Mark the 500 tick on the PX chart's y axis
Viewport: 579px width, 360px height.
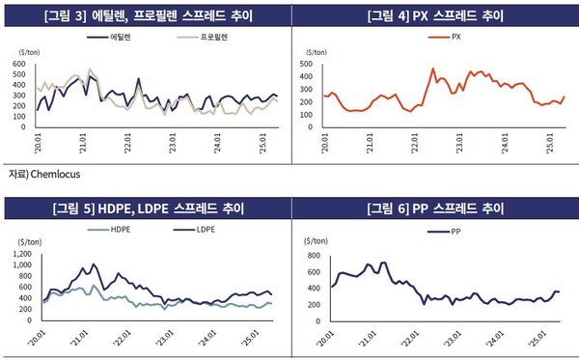tap(310, 65)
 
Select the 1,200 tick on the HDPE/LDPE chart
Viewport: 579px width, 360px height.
tap(19, 255)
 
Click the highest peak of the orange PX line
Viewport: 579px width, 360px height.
tap(433, 69)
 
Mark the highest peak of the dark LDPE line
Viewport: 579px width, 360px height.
tap(94, 264)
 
